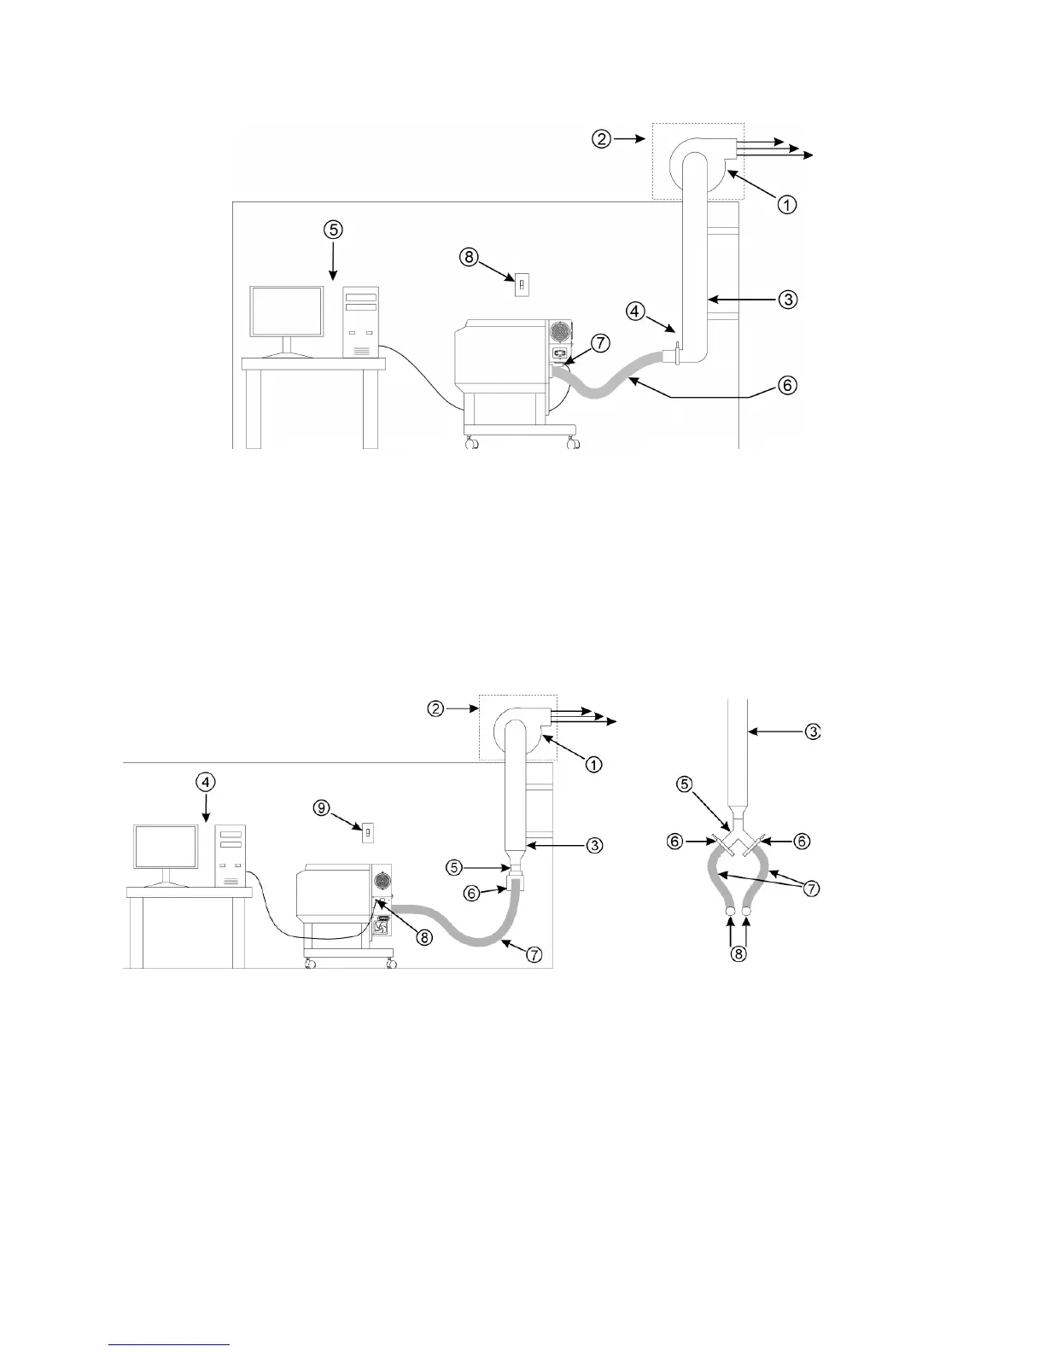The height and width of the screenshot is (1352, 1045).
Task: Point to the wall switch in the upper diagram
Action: click(x=519, y=283)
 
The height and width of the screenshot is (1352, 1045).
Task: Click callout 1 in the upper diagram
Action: click(x=786, y=204)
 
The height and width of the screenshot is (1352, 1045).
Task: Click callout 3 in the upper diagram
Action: click(x=786, y=299)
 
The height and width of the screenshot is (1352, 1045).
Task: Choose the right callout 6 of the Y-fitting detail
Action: click(x=801, y=841)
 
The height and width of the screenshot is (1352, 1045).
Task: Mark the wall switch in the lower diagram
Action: click(x=369, y=830)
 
